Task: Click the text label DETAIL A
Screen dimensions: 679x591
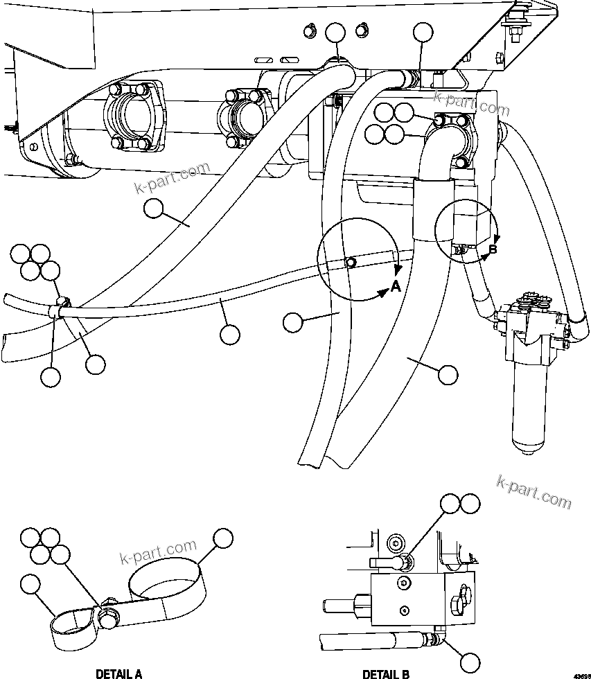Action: (x=118, y=673)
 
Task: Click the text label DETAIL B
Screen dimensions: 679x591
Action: (x=385, y=673)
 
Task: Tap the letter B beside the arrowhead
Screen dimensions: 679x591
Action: (x=493, y=249)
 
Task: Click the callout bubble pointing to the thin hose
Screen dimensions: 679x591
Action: (x=229, y=334)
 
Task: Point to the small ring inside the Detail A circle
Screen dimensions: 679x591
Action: (x=351, y=262)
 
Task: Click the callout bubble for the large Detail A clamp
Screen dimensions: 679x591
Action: (x=222, y=538)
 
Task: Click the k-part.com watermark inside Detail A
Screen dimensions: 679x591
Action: (x=157, y=554)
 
